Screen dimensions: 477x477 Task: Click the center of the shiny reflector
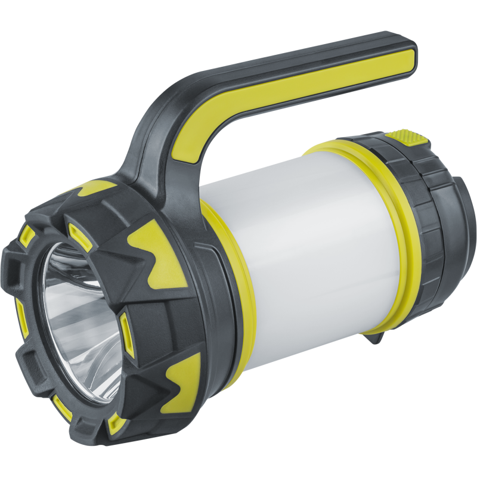(x=78, y=316)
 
